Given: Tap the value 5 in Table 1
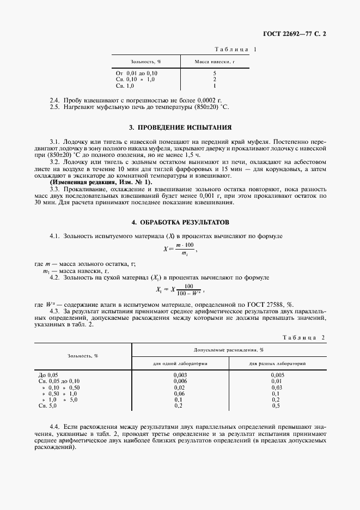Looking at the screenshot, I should (x=215, y=73).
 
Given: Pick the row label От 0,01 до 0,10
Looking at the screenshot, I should (x=137, y=73).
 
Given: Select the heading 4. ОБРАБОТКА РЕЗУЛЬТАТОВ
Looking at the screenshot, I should (x=180, y=223).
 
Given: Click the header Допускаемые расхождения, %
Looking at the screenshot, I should (x=229, y=350).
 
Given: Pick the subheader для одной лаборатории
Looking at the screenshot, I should (x=180, y=363).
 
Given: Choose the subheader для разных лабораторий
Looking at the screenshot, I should (x=277, y=363).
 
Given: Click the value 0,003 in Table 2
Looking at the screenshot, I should (x=180, y=375).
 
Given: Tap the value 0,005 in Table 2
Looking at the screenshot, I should (x=277, y=375).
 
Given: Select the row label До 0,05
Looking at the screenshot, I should (x=48, y=375).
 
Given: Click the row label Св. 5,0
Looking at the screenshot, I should (x=47, y=405).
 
